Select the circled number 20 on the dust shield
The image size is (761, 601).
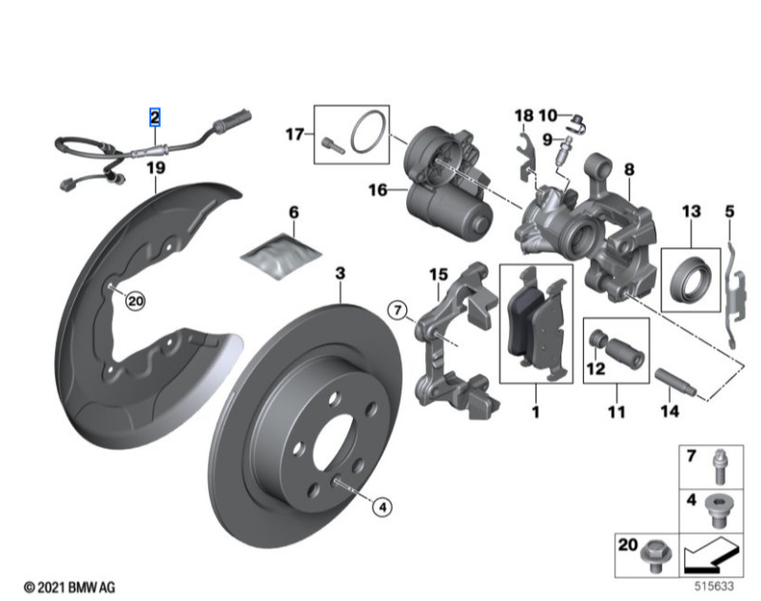point(134,300)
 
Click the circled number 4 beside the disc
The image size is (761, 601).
point(381,507)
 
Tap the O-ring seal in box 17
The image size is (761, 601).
point(362,134)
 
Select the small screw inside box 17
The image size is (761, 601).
point(330,144)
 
